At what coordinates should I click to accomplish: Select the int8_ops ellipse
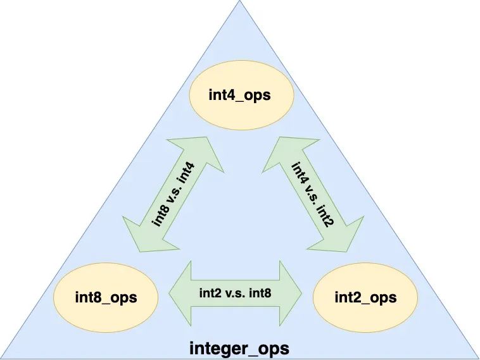coord(106,297)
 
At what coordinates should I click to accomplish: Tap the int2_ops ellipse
coord(365,297)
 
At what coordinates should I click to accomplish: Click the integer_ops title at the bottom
coord(239,348)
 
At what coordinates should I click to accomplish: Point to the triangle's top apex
coord(240,3)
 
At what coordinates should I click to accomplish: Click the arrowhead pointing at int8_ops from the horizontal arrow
coord(181,293)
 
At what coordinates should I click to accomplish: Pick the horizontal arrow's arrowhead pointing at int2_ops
coord(292,293)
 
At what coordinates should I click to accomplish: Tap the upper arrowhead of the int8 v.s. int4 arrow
coord(206,154)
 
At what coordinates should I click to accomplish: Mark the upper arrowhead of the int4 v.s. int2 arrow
coord(278,153)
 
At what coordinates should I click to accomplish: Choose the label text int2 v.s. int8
coord(236,292)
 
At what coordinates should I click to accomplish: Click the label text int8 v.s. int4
coord(174,195)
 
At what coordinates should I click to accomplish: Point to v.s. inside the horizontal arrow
coord(236,292)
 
